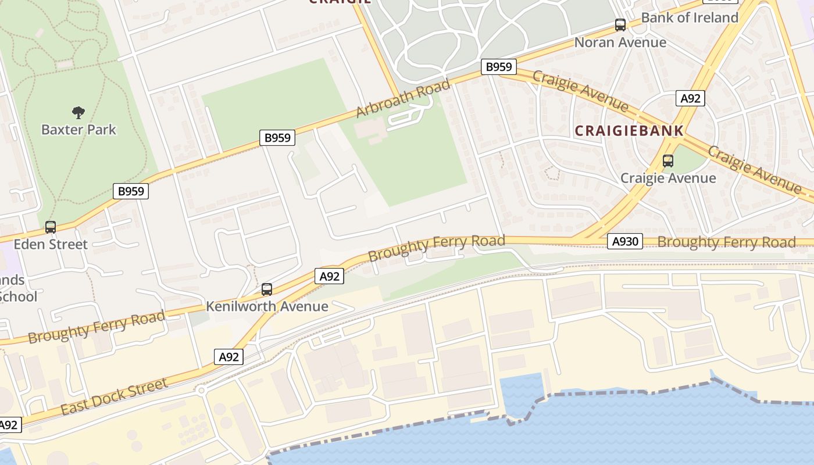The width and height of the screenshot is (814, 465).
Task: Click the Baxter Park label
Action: point(78,129)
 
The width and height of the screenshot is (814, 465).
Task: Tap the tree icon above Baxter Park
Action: point(78,112)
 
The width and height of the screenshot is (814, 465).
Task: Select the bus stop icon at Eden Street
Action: point(51,227)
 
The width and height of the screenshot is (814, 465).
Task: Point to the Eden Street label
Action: point(51,244)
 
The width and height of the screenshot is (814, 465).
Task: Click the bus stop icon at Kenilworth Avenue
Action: point(267,289)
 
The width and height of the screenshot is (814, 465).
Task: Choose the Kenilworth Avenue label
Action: point(267,306)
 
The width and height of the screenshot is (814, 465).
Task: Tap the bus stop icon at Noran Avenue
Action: point(620,25)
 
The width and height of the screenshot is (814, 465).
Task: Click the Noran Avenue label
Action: point(620,42)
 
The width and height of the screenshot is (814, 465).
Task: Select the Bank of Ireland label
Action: point(690,17)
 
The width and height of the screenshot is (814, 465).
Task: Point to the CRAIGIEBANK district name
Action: point(629,131)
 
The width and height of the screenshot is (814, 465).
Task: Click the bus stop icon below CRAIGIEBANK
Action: point(668,161)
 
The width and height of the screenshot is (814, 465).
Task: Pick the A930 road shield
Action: point(625,241)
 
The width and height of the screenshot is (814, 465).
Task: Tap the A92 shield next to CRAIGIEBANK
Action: point(690,98)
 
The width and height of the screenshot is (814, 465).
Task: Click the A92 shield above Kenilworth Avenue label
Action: point(329,277)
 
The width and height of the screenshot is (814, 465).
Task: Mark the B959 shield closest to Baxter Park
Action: point(131,191)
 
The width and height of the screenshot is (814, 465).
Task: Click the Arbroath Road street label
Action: point(403,99)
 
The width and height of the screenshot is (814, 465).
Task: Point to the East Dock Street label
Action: point(114,396)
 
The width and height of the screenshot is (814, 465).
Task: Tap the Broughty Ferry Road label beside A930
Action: point(726,242)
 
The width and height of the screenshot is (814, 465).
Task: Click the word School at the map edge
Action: point(19,296)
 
